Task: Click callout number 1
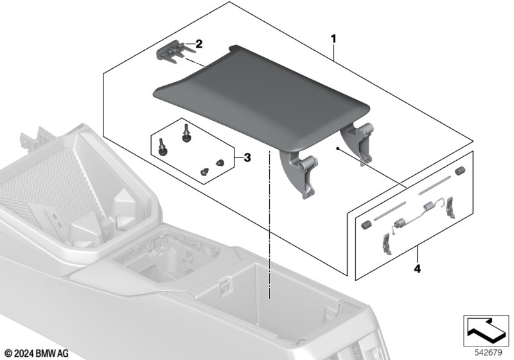coord(333,39)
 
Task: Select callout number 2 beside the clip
coord(199,44)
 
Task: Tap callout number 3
coord(247,157)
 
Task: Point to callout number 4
coord(417,269)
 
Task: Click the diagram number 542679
coord(488,353)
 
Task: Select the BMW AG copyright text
coord(37,354)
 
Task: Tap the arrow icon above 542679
coord(486,330)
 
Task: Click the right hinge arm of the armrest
coord(359,141)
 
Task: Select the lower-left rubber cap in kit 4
coord(366,225)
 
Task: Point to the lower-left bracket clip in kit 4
coord(387,244)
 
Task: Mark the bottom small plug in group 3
coord(205,172)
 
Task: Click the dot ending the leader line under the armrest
coord(337,148)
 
